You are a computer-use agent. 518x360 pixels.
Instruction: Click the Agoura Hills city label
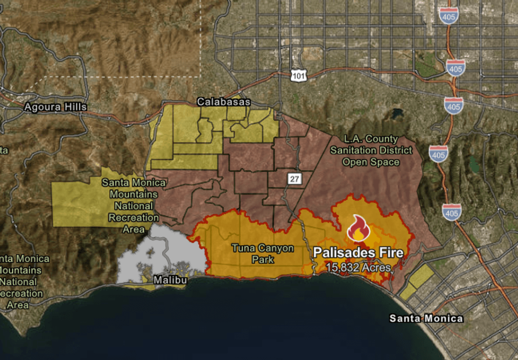pyautogui.click(x=55, y=107)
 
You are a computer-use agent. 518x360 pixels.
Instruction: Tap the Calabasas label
pyautogui.click(x=223, y=101)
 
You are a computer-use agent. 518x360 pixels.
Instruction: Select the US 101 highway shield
pyautogui.click(x=298, y=76)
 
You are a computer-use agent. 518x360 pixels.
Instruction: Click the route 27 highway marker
pyautogui.click(x=294, y=179)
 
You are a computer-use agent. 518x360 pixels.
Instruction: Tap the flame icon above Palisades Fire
pyautogui.click(x=358, y=228)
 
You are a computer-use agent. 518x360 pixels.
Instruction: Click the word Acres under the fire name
pyautogui.click(x=377, y=267)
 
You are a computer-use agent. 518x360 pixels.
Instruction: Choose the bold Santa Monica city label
pyautogui.click(x=426, y=318)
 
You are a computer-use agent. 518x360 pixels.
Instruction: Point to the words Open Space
pyautogui.click(x=371, y=162)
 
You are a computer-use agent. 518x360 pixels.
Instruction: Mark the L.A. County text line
pyautogui.click(x=371, y=139)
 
